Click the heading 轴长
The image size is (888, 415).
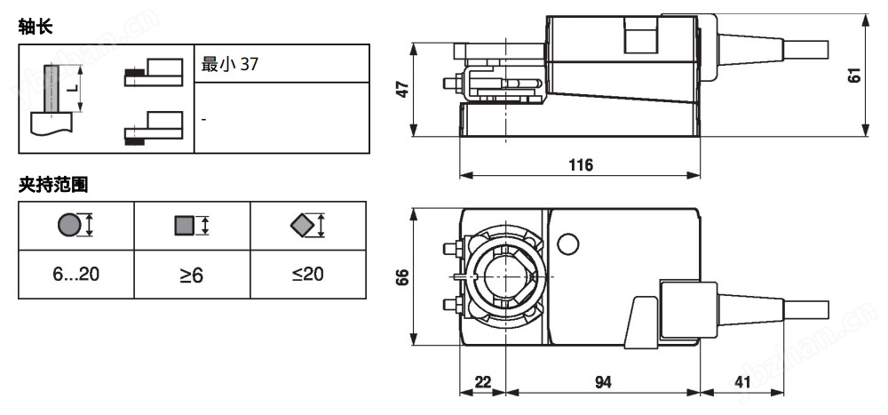(x=36, y=28)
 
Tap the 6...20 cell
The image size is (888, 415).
(x=75, y=275)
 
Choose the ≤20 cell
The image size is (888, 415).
(x=308, y=275)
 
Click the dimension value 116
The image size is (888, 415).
(x=580, y=165)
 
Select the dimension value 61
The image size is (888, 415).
(x=855, y=76)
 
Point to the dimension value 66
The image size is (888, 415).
(x=402, y=276)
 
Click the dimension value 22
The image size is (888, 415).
(x=482, y=382)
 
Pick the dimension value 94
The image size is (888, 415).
(x=603, y=382)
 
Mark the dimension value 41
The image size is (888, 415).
(x=742, y=382)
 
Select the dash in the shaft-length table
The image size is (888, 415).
(x=204, y=118)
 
